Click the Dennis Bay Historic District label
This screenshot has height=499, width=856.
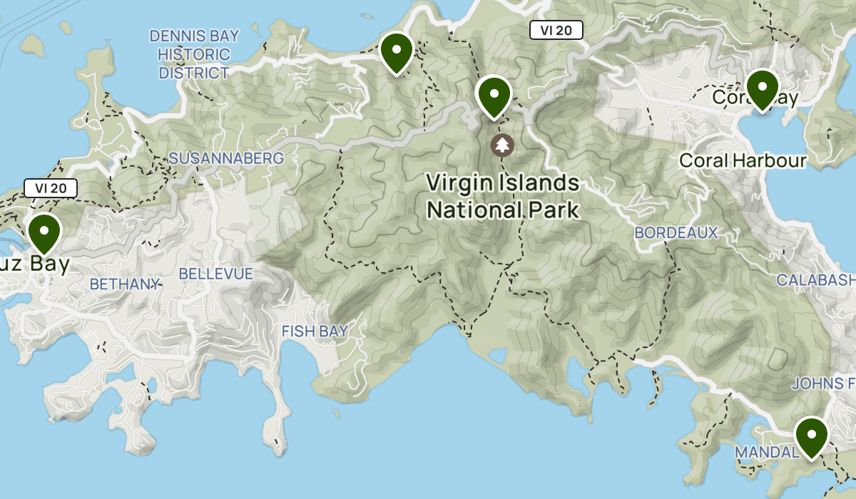pos(194,54)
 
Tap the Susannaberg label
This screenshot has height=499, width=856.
pos(226,158)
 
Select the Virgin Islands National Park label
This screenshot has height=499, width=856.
pos(503,196)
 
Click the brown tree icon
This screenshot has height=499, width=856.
pos(502,145)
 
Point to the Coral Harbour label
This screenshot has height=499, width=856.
pos(743,160)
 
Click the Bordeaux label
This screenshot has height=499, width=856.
pos(676,233)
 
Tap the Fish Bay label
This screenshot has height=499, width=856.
pos(315,331)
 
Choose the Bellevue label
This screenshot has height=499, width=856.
pos(215,274)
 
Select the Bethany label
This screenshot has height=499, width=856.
pos(124,284)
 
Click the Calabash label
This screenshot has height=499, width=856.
pos(815,280)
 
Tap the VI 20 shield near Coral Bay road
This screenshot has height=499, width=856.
pos(556,30)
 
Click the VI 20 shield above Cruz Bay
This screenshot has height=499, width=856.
pos(50,188)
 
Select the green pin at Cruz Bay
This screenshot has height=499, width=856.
pos(44,232)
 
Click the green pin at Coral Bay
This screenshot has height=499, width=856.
pos(763,88)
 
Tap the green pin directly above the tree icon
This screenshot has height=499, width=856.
pos(494,96)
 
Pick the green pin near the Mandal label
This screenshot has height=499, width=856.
pos(811,436)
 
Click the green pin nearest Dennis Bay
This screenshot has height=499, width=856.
pos(397,52)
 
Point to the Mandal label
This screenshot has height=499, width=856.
pos(765,453)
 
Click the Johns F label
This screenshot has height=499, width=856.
pos(823,384)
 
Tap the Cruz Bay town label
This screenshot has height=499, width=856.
pos(36,265)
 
